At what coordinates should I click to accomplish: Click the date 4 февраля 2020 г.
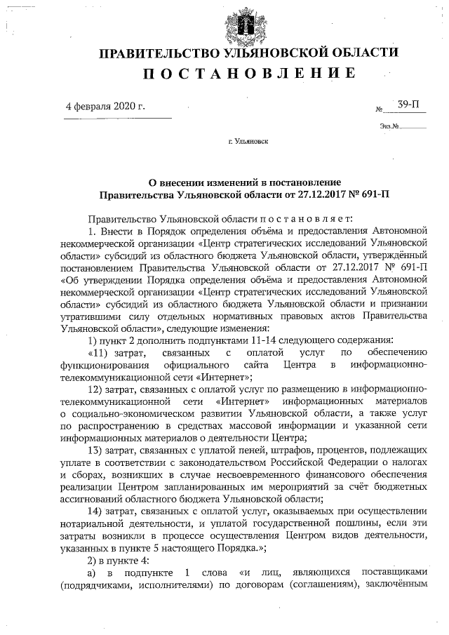[105, 107]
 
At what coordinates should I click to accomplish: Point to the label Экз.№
[389, 126]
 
